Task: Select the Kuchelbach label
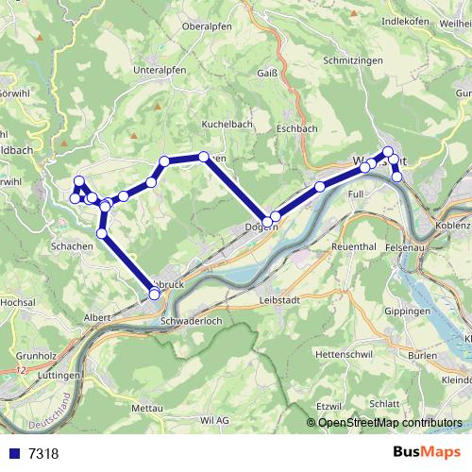coord(224,124)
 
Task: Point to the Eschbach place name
coord(296,127)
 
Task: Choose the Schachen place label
coord(73,244)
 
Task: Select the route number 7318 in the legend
coord(42,453)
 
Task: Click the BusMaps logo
coord(423,452)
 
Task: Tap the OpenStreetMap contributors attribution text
coord(390,423)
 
